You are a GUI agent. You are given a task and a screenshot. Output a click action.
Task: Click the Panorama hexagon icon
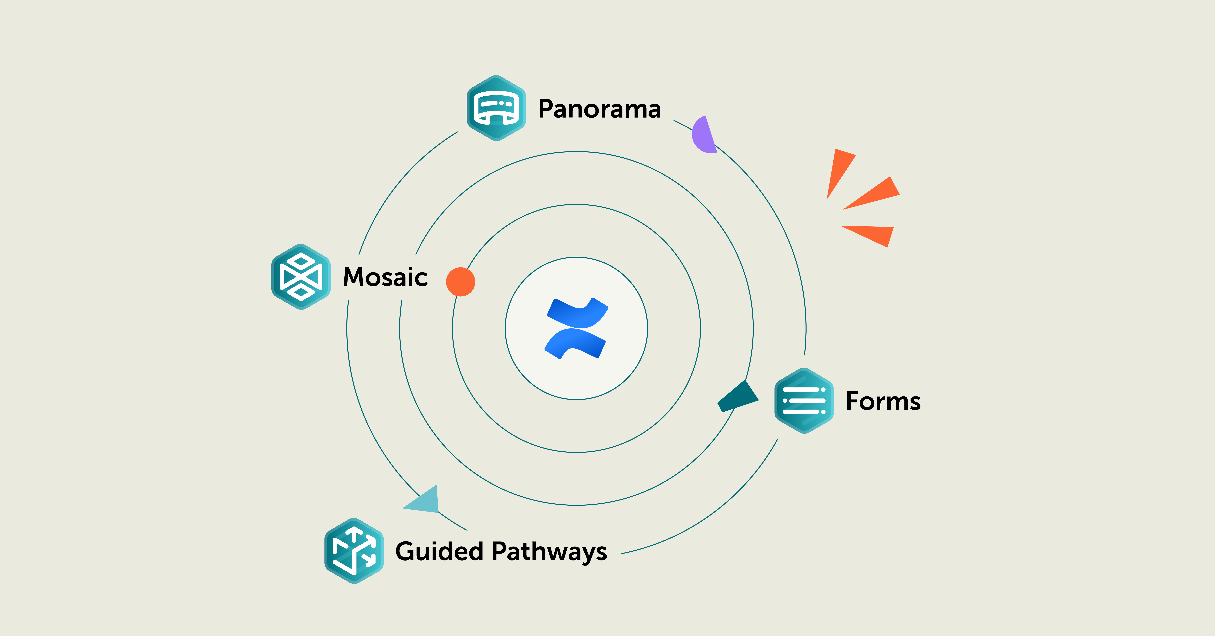[496, 108]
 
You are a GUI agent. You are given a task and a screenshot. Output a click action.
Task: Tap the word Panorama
[599, 109]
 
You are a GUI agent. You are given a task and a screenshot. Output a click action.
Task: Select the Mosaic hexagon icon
[301, 277]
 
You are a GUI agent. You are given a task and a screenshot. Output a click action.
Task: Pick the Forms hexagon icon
[804, 401]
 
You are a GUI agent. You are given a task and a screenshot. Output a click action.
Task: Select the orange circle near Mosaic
[460, 282]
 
